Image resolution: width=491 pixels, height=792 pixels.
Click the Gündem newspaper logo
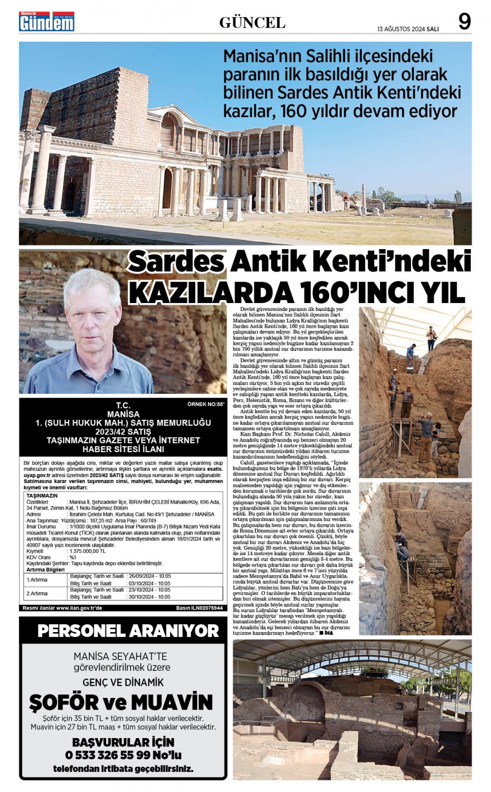click(47, 22)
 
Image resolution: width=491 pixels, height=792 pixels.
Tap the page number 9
click(464, 22)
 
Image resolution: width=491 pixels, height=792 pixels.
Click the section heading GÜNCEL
click(252, 23)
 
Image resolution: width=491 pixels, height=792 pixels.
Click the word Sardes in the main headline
click(177, 262)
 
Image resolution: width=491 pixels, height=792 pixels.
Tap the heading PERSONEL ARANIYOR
click(128, 631)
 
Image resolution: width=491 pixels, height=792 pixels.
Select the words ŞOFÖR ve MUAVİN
click(121, 702)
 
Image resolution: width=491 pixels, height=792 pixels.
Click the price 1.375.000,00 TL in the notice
click(86, 551)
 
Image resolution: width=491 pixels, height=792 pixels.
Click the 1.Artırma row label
click(37, 580)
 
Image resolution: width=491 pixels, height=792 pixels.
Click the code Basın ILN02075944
click(199, 608)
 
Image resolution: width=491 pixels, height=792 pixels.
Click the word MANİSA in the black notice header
click(123, 414)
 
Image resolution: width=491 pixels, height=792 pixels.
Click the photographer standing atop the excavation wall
click(431, 338)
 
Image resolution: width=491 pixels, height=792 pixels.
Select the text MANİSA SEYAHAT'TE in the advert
click(120, 656)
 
